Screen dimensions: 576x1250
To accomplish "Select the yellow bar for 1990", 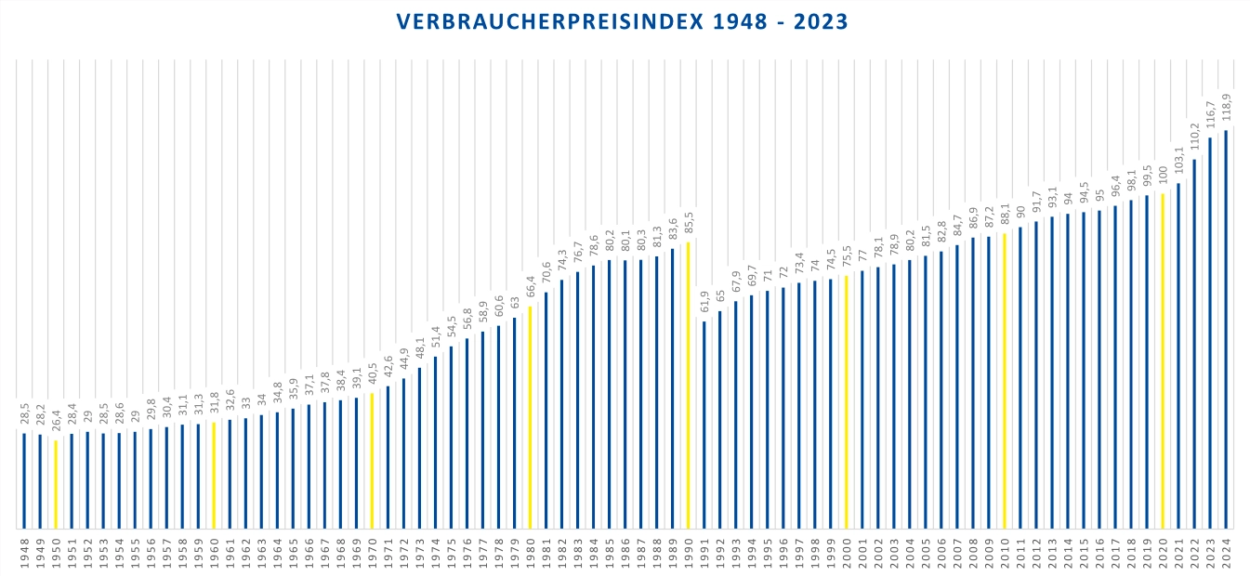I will point(688,385).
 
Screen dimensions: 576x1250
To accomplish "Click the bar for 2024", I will point(1226,329).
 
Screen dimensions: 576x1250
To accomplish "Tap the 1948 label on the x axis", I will point(24,553).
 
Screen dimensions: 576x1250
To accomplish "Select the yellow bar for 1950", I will point(56,484).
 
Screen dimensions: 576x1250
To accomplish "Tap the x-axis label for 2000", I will point(846,553).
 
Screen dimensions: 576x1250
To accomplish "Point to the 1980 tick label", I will point(530,553).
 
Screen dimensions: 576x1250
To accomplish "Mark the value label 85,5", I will point(688,224).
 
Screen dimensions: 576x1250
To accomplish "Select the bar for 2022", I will point(1194,344).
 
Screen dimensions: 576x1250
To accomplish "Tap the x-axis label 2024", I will point(1226,553).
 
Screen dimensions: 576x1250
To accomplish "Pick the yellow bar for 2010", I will point(1004,381).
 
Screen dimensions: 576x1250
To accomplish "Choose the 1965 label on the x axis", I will point(293,553).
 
